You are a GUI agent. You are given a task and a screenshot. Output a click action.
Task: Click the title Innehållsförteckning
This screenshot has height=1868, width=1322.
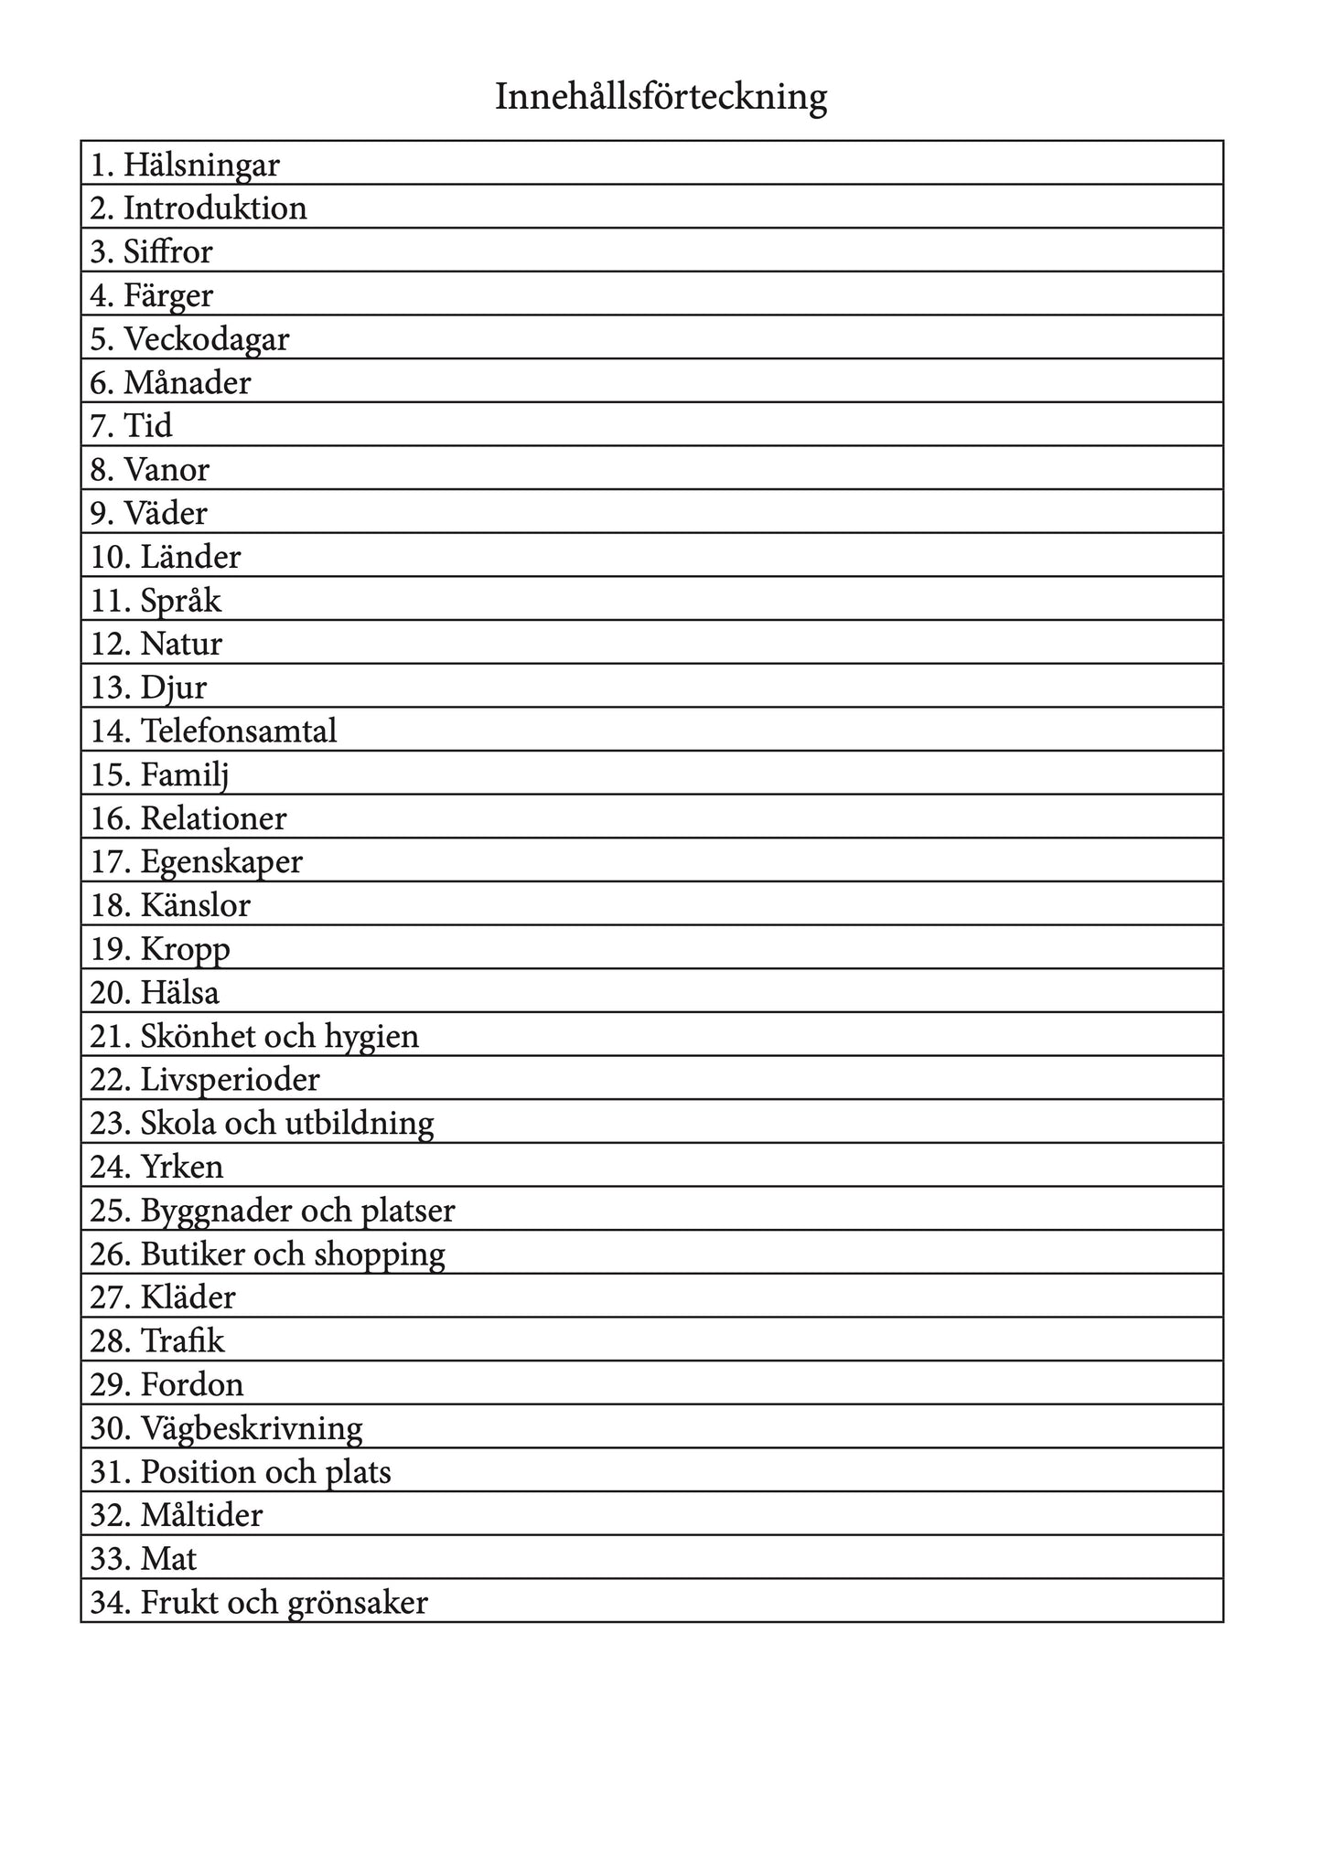(661, 97)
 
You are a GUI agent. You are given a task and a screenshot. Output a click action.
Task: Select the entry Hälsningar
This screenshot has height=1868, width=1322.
(201, 165)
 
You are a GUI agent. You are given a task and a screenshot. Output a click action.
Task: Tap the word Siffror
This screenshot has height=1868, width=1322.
(168, 251)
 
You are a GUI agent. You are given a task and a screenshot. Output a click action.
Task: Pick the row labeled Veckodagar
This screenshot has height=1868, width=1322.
(207, 339)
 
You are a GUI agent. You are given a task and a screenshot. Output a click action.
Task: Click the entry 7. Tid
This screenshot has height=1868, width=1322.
(132, 426)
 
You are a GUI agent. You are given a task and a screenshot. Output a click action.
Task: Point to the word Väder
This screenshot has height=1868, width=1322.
(166, 513)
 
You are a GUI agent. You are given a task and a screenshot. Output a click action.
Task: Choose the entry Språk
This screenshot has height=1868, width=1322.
(181, 601)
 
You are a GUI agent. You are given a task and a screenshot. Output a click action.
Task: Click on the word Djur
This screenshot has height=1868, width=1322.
(174, 688)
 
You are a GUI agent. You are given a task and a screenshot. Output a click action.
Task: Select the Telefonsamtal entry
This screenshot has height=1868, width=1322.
(239, 731)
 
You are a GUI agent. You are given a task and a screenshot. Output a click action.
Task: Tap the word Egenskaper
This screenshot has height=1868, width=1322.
(221, 862)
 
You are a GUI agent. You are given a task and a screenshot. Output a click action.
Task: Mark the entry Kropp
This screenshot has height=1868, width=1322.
(186, 949)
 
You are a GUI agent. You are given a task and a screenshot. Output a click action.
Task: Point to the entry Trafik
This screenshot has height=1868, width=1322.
(182, 1341)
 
